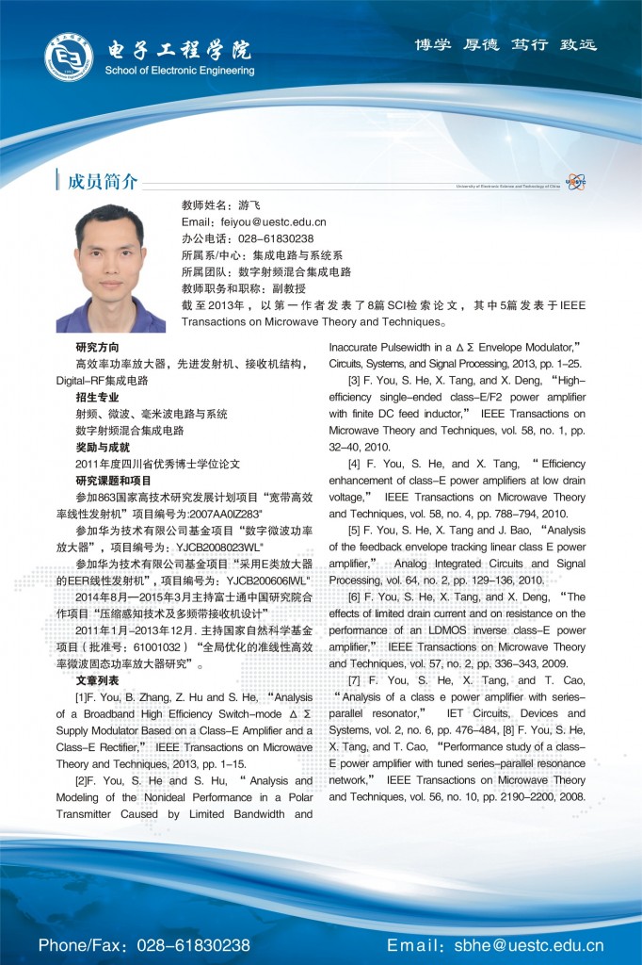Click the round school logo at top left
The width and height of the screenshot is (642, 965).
(69, 57)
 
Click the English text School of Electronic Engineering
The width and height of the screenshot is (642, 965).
(179, 70)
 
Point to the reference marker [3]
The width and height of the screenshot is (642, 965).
(354, 380)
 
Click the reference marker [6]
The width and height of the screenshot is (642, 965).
(354, 597)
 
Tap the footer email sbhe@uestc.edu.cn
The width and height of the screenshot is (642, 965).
(531, 944)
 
